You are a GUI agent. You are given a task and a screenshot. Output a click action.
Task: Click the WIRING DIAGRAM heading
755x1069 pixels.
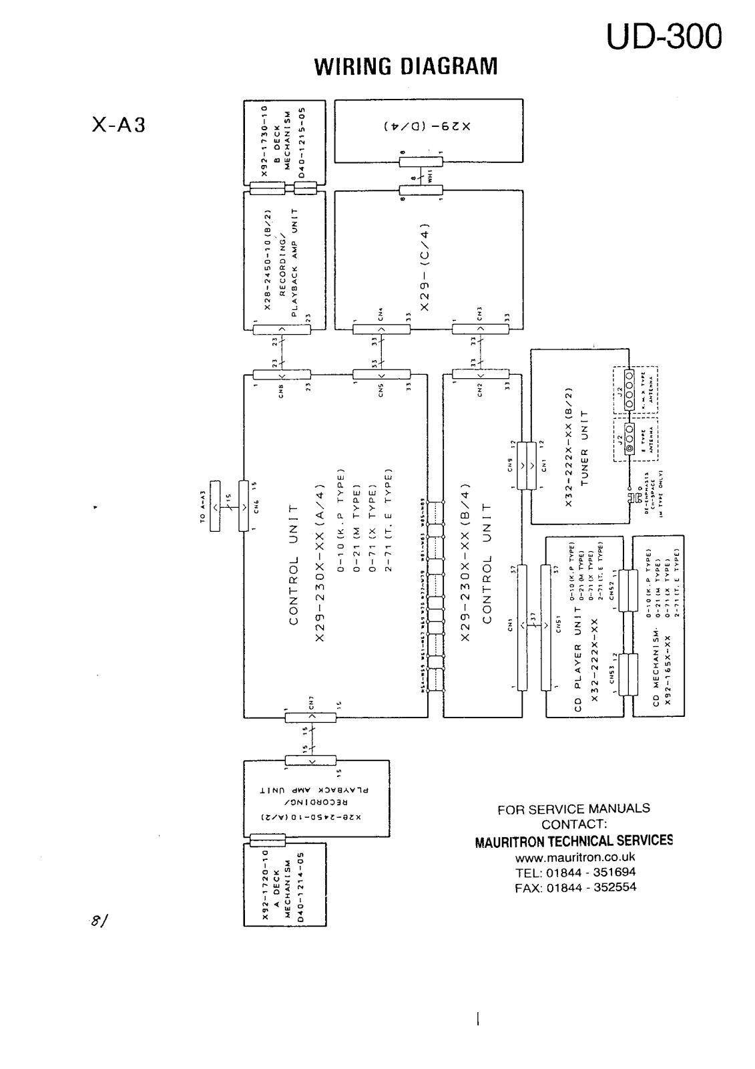coord(406,67)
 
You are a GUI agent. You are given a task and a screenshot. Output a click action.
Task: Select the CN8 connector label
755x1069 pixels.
coord(282,392)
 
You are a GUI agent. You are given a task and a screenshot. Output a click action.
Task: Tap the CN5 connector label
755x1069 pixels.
coord(381,390)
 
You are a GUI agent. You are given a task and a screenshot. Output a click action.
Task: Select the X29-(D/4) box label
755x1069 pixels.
coord(428,125)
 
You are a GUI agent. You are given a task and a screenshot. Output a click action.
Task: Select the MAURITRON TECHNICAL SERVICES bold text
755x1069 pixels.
coord(573,841)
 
